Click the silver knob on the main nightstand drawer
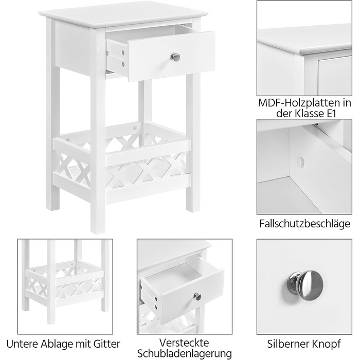click(x=175, y=57)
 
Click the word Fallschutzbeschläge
click(x=304, y=224)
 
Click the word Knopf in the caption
click(x=326, y=344)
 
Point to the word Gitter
click(x=107, y=344)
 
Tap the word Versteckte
click(x=184, y=343)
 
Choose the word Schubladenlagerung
click(x=184, y=354)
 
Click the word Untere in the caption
click(x=23, y=344)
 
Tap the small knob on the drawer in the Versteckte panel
click(x=197, y=296)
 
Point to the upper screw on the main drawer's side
click(x=123, y=53)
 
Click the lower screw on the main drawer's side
click(x=123, y=64)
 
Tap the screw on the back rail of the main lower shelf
click(x=135, y=127)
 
